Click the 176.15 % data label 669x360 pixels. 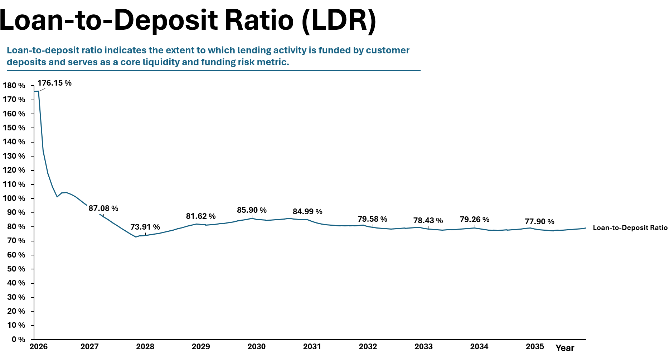click(54, 83)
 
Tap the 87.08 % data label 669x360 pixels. click(103, 208)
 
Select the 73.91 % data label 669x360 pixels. click(145, 227)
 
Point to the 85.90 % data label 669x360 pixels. click(252, 210)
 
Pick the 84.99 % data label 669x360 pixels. click(307, 212)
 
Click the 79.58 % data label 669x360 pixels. click(372, 219)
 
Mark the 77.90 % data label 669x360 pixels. click(539, 222)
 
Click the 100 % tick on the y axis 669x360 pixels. click(14, 198)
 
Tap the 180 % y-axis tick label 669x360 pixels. click(14, 86)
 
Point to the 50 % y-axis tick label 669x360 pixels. click(16, 269)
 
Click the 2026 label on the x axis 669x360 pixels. click(39, 347)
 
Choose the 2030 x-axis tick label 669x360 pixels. click(257, 347)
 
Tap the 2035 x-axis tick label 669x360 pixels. click(535, 347)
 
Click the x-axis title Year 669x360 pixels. click(565, 348)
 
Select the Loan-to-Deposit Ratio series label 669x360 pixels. click(630, 228)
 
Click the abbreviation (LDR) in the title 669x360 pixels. click(339, 20)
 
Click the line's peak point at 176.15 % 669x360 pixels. click(38, 91)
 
